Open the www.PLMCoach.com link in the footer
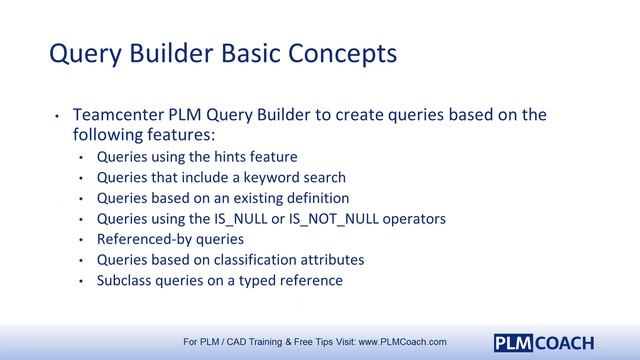(402, 341)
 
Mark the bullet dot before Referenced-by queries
(81, 240)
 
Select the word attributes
(334, 260)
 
